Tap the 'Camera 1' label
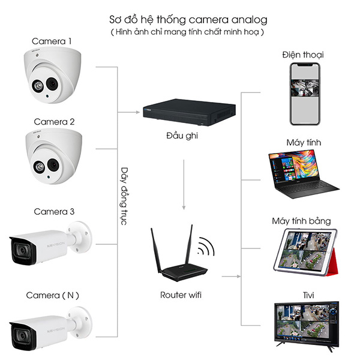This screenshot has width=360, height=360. tap(52, 41)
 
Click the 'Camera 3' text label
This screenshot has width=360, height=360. tap(54, 212)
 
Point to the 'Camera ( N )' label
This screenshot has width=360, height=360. tap(53, 295)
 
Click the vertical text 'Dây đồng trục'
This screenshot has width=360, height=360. tap(124, 195)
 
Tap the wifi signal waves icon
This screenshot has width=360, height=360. tap(208, 247)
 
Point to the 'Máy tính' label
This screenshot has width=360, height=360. tap(304, 142)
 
